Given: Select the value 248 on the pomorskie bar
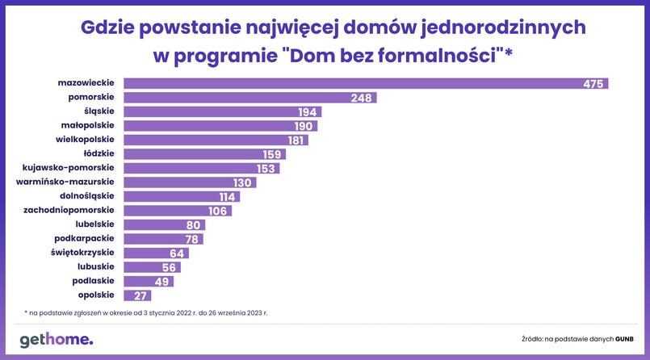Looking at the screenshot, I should (362, 98).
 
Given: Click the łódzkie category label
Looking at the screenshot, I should (99, 153).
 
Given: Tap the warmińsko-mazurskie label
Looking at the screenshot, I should (65, 182).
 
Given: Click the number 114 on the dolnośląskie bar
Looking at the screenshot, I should (229, 197).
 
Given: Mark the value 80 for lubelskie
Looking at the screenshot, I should (194, 225).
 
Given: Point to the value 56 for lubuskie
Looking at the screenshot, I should (170, 267).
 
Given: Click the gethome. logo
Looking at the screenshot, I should (57, 340).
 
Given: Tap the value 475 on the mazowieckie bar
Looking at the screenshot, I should (593, 84).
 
